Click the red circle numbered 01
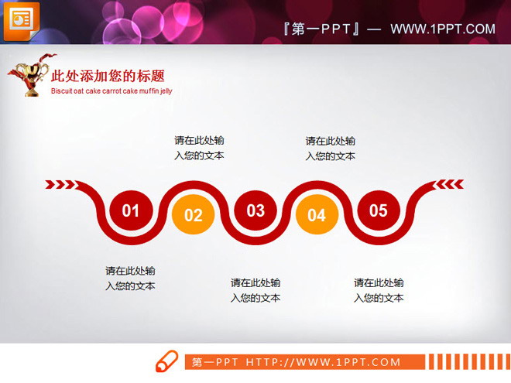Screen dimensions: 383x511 tap(131, 210)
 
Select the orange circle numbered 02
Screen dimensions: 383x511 tap(194, 214)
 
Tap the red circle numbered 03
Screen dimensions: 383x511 tap(256, 210)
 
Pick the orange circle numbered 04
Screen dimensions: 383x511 tap(317, 214)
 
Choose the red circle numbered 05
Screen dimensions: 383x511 tap(378, 210)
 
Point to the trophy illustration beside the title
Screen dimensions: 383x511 tap(29, 75)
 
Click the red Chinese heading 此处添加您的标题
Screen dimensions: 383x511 tap(108, 76)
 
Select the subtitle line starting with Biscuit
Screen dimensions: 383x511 tap(111, 91)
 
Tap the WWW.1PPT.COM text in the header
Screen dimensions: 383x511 tap(442, 29)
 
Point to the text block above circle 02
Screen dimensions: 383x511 tap(199, 148)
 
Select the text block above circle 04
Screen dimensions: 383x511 tap(331, 148)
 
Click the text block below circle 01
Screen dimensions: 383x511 tap(131, 279)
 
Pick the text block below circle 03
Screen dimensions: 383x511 tap(256, 290)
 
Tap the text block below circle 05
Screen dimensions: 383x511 tap(379, 290)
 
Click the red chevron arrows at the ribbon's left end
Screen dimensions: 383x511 tap(60, 184)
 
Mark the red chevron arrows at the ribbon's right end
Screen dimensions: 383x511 tap(449, 184)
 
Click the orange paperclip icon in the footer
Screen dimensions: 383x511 tap(166, 361)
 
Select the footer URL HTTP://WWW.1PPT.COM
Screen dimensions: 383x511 tap(324, 362)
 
